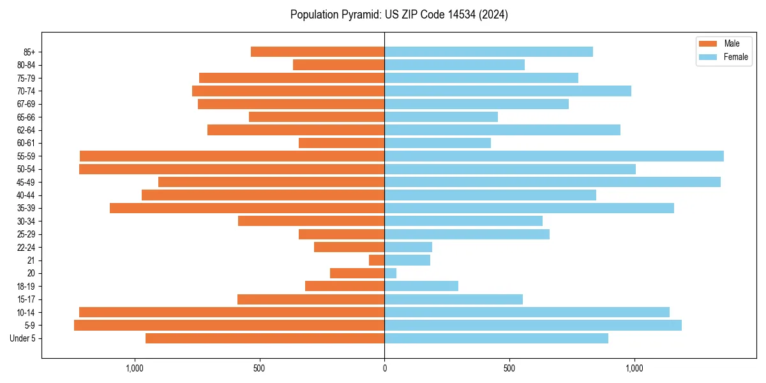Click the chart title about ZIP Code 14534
[x=399, y=15]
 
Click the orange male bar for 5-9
[x=229, y=326]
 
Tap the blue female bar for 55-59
[x=554, y=156]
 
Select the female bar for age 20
[x=391, y=273]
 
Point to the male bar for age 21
[x=377, y=260]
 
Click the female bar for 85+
[x=488, y=52]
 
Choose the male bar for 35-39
[x=247, y=208]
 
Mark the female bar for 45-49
[x=552, y=182]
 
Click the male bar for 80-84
[x=338, y=65]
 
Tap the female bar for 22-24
[x=408, y=247]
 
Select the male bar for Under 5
[x=265, y=338]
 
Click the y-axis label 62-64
[x=26, y=130]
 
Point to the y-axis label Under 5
[x=23, y=338]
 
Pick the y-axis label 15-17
[x=26, y=299]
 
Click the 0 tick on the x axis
[x=384, y=368]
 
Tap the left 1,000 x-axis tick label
[x=134, y=368]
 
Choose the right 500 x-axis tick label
[x=509, y=368]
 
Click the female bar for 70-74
[x=507, y=91]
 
